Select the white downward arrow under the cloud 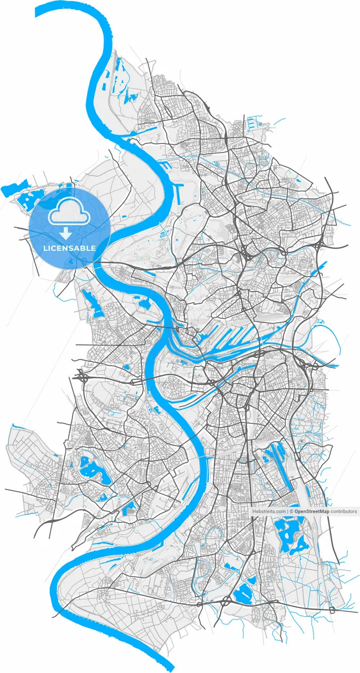coord(66,233)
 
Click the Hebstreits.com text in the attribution coord(269,511)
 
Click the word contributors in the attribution coord(344,511)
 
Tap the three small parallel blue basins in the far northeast coord(254,124)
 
